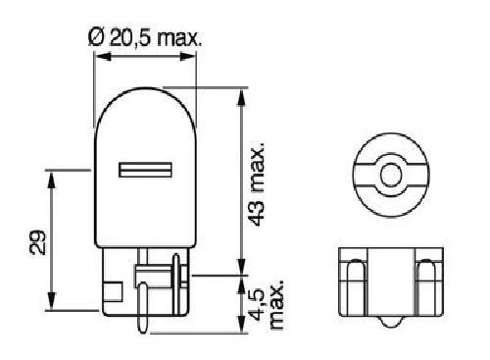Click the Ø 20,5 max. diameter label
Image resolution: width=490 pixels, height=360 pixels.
click(145, 38)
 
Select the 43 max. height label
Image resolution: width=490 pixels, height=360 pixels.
click(257, 184)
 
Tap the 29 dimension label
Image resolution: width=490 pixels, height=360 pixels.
click(36, 242)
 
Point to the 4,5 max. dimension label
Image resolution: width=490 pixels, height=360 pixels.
click(266, 304)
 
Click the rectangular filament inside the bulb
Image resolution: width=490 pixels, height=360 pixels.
click(145, 170)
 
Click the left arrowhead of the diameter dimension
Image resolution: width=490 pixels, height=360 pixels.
click(102, 56)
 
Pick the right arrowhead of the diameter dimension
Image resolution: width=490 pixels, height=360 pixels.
click(188, 56)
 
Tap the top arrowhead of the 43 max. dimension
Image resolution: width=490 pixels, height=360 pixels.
click(241, 97)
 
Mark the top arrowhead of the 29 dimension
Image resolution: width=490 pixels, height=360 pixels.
click(51, 180)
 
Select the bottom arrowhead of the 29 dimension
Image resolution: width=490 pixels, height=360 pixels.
click(51, 301)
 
